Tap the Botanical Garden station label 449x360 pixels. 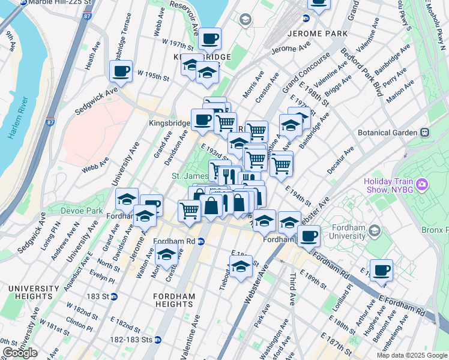pos(391,132)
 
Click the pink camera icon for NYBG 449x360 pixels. pos(421,182)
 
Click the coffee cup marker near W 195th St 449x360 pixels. pos(121,71)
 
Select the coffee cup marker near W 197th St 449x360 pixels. pos(209,39)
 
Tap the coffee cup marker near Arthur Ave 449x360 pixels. pos(381,270)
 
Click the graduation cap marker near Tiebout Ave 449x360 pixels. pos(241,266)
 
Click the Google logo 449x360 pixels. pos(20,353)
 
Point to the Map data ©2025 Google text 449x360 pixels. pos(411,355)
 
